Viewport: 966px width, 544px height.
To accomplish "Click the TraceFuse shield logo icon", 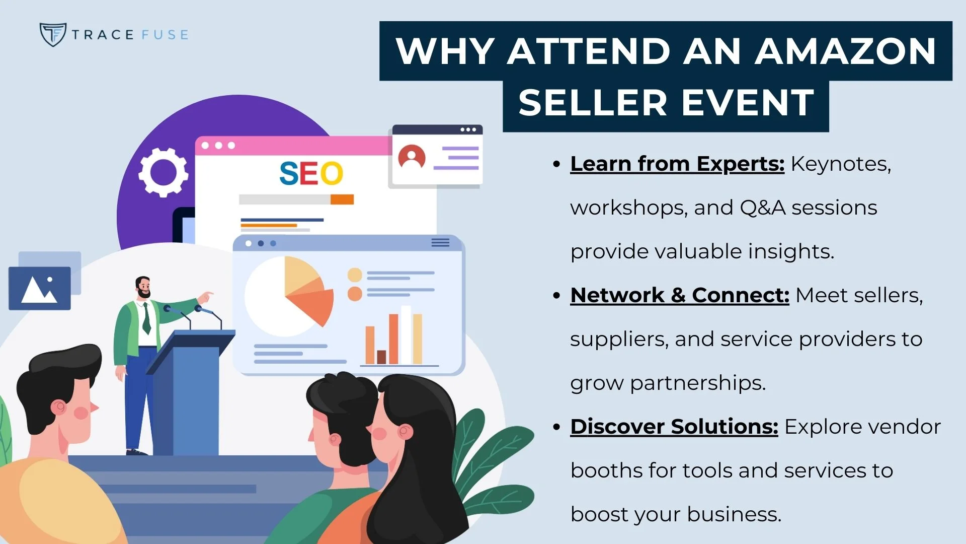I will [x=52, y=34].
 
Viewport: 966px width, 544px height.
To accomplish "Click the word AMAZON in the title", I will [x=845, y=51].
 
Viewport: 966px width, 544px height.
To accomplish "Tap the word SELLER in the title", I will [x=593, y=103].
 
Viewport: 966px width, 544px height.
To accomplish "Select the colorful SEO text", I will [x=311, y=174].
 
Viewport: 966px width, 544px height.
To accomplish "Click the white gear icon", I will [x=163, y=172].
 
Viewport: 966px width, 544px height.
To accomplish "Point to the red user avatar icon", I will [x=412, y=157].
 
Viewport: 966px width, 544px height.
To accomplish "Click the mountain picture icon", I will [x=40, y=289].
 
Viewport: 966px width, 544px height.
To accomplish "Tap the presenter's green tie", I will [x=146, y=317].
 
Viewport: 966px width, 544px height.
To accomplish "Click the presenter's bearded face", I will [x=143, y=288].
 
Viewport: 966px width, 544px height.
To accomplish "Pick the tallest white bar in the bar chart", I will [x=406, y=335].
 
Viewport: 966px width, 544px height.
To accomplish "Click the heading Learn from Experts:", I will [x=677, y=164].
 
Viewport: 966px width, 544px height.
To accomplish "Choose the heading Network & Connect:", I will [x=679, y=296].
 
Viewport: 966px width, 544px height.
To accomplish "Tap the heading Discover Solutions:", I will [x=674, y=427].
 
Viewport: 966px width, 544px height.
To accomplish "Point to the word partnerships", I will [x=697, y=383].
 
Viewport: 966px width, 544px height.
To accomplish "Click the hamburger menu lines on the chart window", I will [x=440, y=243].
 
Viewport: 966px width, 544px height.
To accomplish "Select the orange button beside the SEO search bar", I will [x=342, y=199].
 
